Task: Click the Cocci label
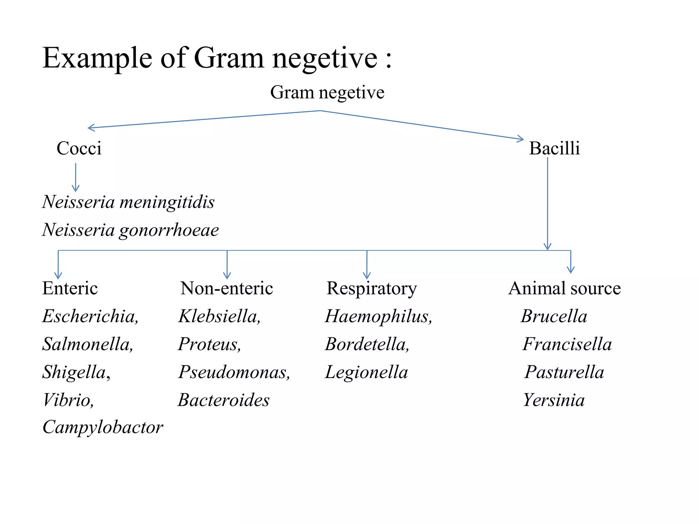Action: click(79, 148)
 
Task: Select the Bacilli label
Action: click(554, 148)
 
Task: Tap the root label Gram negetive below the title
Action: click(327, 92)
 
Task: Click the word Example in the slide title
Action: click(97, 58)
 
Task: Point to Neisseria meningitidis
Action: click(128, 202)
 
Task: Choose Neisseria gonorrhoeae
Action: click(130, 230)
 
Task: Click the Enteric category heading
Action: click(70, 288)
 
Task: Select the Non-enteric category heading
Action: click(227, 288)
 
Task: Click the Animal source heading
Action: click(565, 288)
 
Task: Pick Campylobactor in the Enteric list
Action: click(103, 427)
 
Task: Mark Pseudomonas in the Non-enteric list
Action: click(234, 372)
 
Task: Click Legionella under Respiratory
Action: click(367, 372)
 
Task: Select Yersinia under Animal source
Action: click(554, 400)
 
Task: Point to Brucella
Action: click(554, 316)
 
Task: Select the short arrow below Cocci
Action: click(76, 177)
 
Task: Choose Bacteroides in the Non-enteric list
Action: click(224, 400)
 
